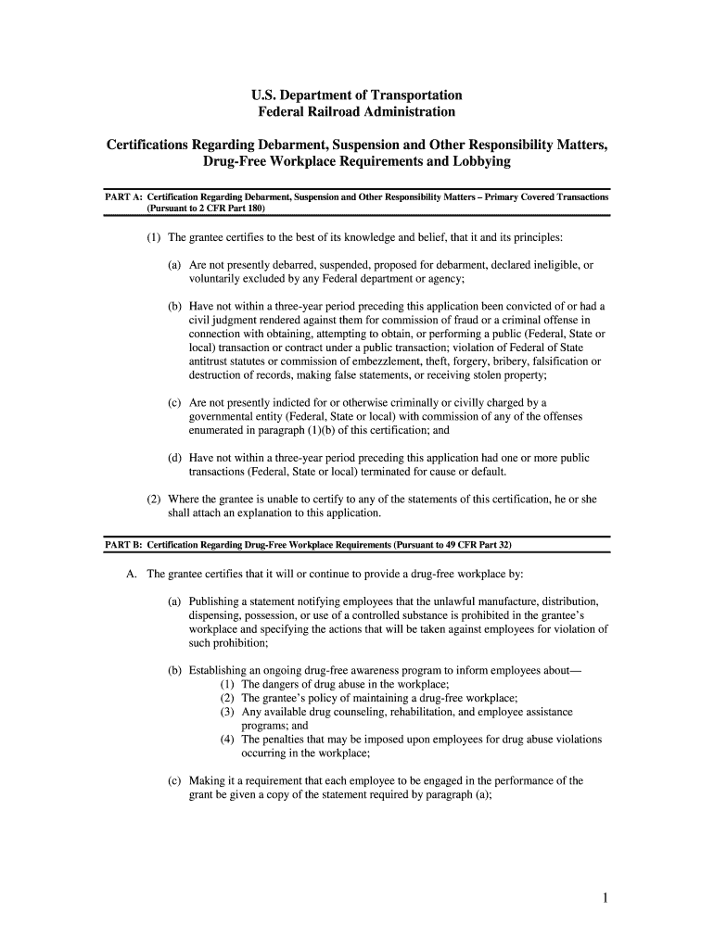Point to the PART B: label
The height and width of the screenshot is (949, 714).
click(x=122, y=544)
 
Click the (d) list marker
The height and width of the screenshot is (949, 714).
click(x=174, y=458)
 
